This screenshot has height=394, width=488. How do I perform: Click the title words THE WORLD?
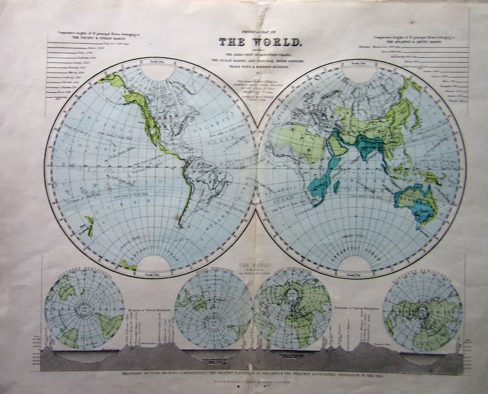258,42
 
